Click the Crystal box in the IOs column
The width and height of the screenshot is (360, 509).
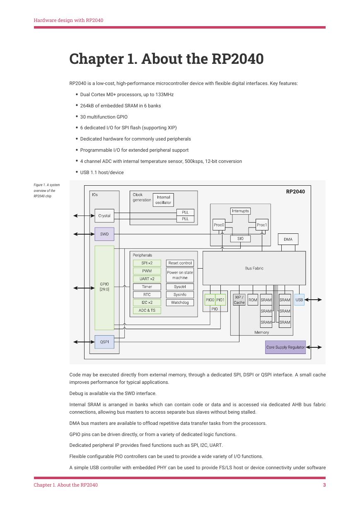pyautogui.click(x=104, y=216)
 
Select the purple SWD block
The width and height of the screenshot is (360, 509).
pyautogui.click(x=104, y=234)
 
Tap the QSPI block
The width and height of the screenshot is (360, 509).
pyautogui.click(x=104, y=342)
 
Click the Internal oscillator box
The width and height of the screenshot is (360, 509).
pyautogui.click(x=163, y=200)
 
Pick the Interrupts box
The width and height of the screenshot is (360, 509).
pyautogui.click(x=240, y=211)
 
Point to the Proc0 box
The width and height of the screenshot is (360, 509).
pyautogui.click(x=219, y=225)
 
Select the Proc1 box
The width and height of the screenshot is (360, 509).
pyautogui.click(x=262, y=225)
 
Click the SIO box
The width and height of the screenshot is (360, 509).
pyautogui.click(x=240, y=239)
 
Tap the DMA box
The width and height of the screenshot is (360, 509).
pyautogui.click(x=288, y=239)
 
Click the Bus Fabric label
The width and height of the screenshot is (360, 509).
pyautogui.click(x=254, y=268)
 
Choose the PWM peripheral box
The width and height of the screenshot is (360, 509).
pyautogui.click(x=147, y=271)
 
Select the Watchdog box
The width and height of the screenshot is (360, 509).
pyautogui.click(x=180, y=303)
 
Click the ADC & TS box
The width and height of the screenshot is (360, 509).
pyautogui.click(x=147, y=310)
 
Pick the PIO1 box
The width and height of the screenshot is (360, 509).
pyautogui.click(x=220, y=300)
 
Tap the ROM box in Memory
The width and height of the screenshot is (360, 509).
pyautogui.click(x=253, y=300)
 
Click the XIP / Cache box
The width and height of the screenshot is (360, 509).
pyautogui.click(x=239, y=300)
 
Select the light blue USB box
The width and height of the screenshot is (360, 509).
pyautogui.click(x=299, y=300)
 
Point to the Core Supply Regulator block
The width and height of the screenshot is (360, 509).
pyautogui.click(x=285, y=347)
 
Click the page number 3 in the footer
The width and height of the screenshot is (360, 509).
pyautogui.click(x=324, y=485)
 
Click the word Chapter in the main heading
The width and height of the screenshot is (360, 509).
pyautogui.click(x=97, y=59)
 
